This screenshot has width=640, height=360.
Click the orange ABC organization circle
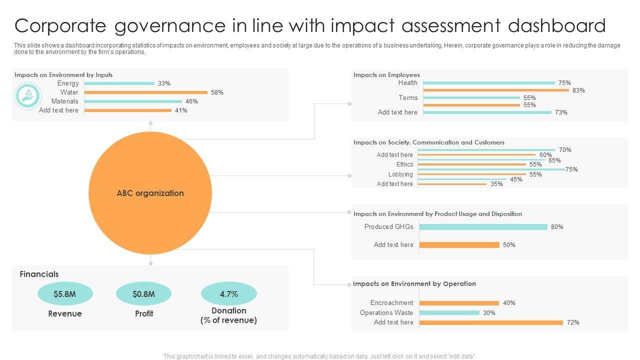pyautogui.click(x=150, y=193)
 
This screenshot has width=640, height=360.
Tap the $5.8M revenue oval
pyautogui.click(x=65, y=294)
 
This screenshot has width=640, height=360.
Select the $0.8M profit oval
pyautogui.click(x=143, y=294)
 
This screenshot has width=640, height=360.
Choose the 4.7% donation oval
pyautogui.click(x=228, y=294)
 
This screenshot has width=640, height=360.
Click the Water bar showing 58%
pyautogui.click(x=145, y=92)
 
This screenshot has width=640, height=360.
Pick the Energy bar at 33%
pyautogui.click(x=119, y=83)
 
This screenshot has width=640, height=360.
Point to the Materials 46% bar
pyautogui.click(x=133, y=101)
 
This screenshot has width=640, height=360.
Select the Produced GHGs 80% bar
pyautogui.click(x=483, y=227)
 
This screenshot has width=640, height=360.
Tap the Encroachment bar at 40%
pyautogui.click(x=459, y=303)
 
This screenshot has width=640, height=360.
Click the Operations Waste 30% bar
pyautogui.click(x=449, y=313)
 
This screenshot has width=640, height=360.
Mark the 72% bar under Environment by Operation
pyautogui.click(x=491, y=322)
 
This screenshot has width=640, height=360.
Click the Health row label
pyautogui.click(x=407, y=83)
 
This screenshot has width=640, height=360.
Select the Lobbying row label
pyautogui.click(x=400, y=174)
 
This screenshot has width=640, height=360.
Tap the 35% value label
pyautogui.click(x=496, y=184)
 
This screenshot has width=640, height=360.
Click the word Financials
pyautogui.click(x=39, y=274)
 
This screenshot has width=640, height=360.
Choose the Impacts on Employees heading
pyautogui.click(x=386, y=75)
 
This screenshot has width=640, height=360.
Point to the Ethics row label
pyautogui.click(x=404, y=164)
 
